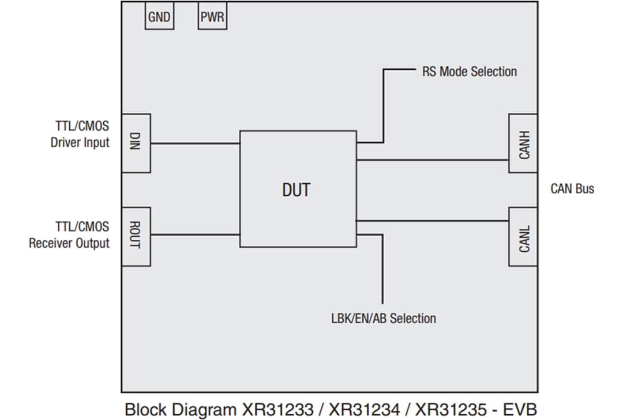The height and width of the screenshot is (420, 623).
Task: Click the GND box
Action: pos(159,17)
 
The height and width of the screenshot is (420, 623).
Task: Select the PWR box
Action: pos(212,17)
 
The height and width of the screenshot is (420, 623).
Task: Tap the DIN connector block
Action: pos(136,143)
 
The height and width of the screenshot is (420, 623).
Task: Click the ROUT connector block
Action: pos(136,236)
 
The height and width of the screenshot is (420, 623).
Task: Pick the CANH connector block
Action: pos(523,143)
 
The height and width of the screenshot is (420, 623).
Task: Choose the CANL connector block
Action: pos(523,236)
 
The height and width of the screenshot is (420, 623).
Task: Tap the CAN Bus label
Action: pos(572,189)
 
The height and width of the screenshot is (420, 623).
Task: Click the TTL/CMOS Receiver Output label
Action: pos(70,234)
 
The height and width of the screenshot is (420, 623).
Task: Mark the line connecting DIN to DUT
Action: pos(195,143)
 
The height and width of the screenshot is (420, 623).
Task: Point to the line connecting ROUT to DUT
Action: pos(195,234)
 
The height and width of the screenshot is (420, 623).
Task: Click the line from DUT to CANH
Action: pos(433,160)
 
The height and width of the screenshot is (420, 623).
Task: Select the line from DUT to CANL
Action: pos(433,221)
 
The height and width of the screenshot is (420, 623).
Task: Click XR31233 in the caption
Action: pos(279,410)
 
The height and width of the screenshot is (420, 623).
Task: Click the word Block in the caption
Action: pos(145,410)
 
